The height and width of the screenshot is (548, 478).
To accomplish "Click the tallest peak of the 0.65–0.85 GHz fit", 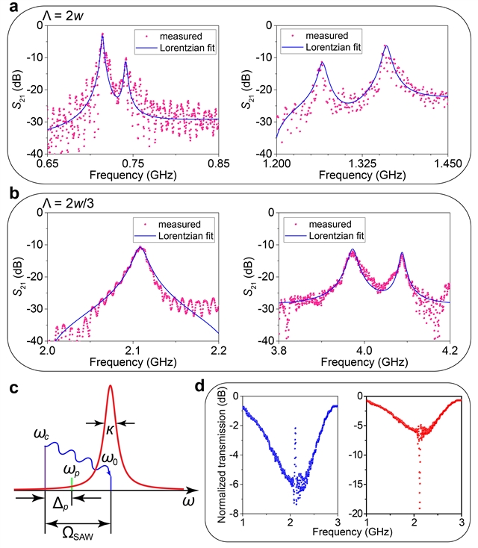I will pyautogui.click(x=102, y=34).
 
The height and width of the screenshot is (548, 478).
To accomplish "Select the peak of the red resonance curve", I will pyautogui.click(x=111, y=386).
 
